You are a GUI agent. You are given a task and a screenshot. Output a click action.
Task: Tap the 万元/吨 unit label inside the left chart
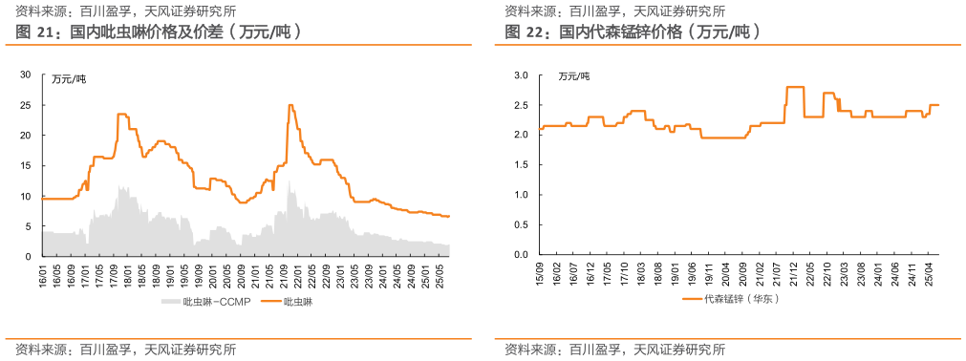[68, 77]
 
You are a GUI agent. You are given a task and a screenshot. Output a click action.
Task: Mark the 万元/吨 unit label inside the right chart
[573, 76]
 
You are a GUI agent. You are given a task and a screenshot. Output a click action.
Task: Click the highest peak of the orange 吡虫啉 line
[290, 105]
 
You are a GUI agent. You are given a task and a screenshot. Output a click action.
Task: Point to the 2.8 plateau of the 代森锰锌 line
[794, 87]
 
